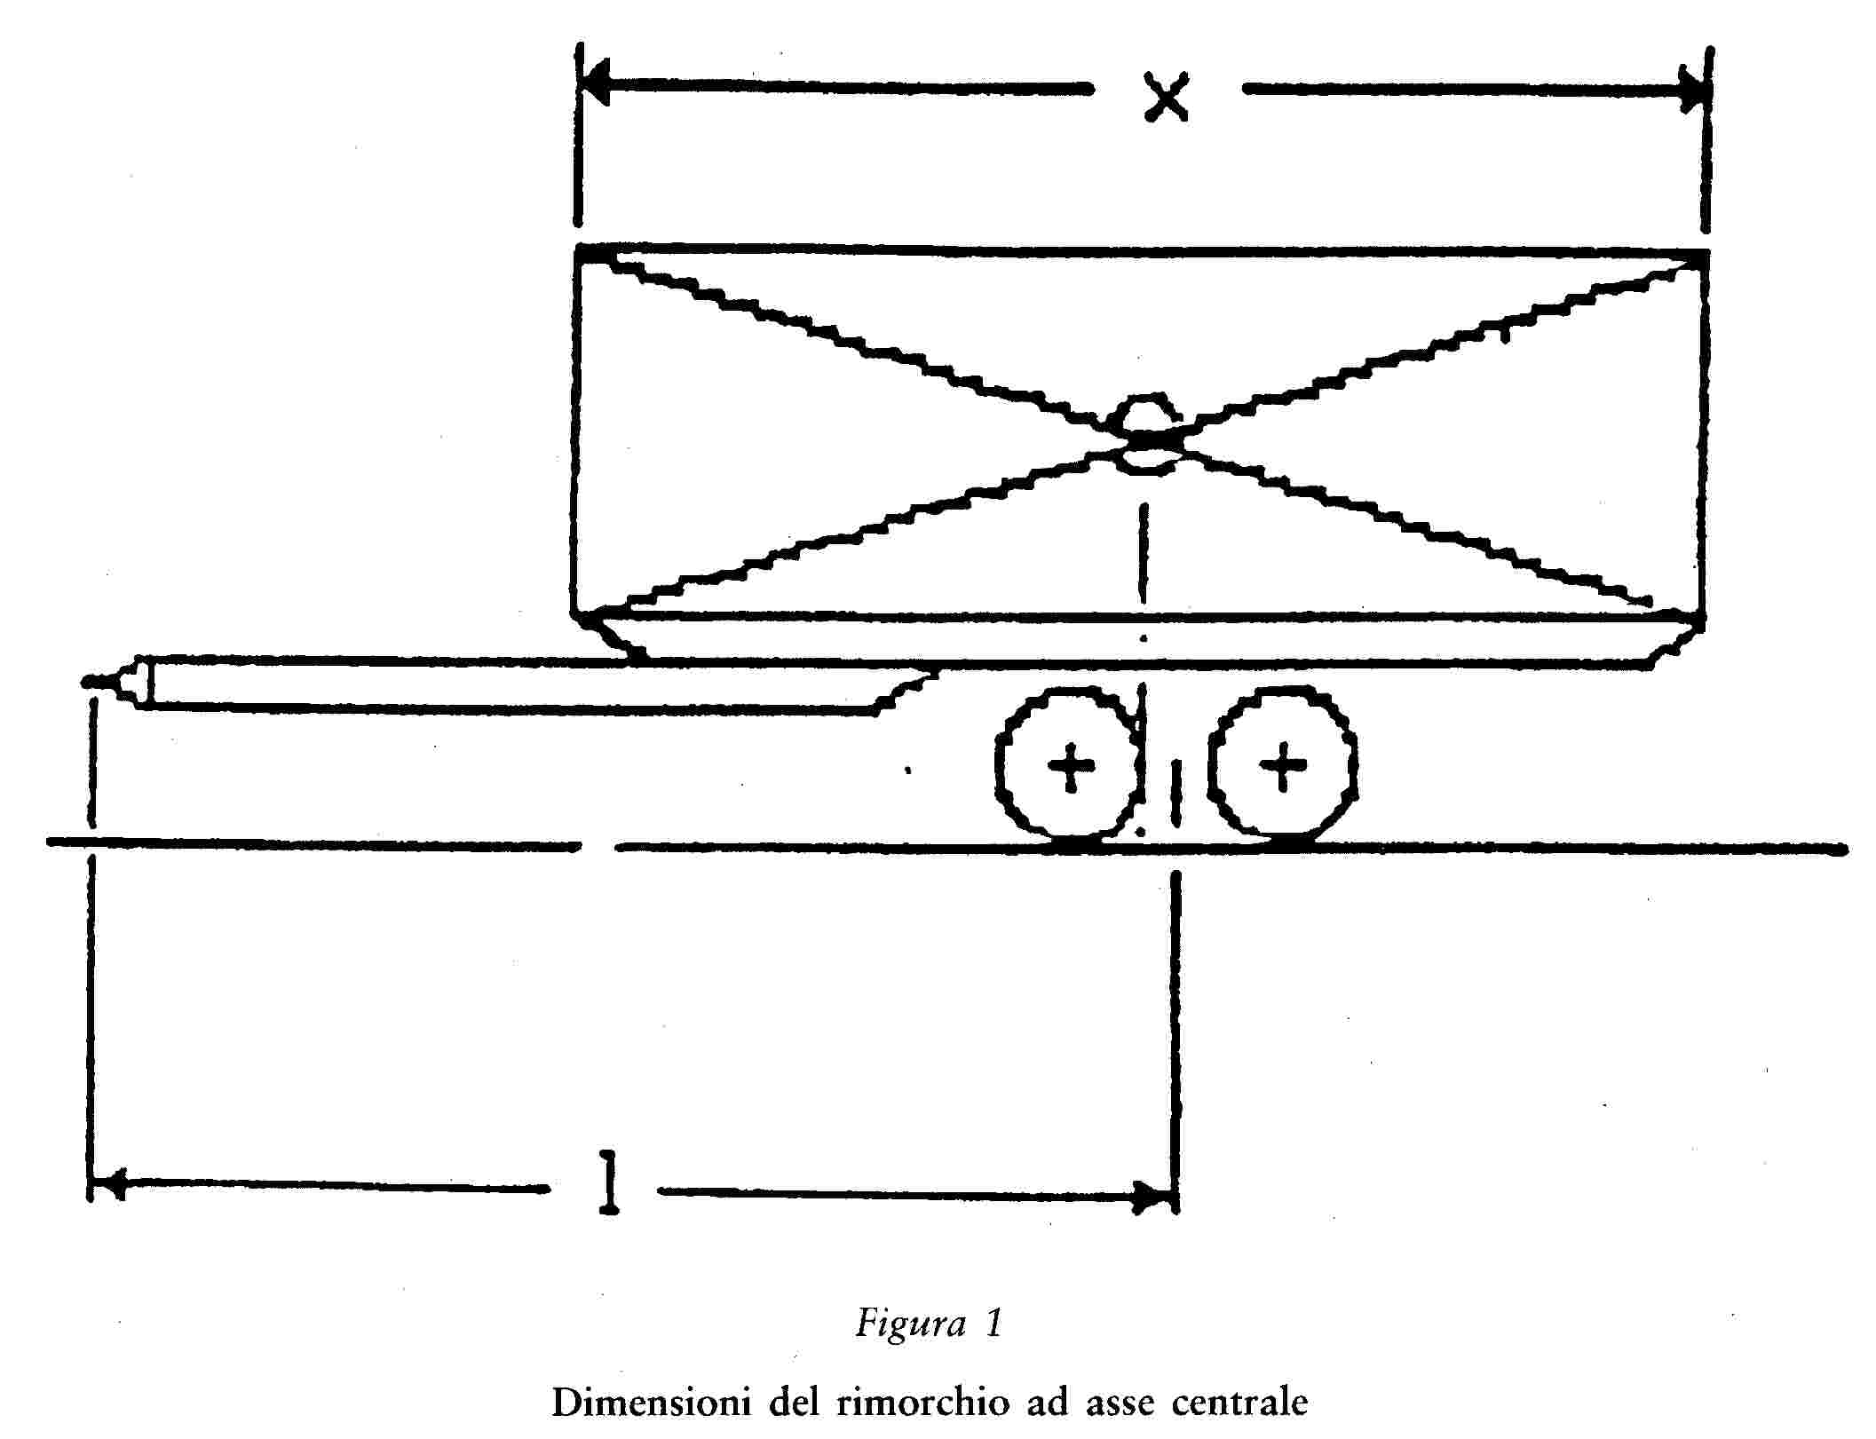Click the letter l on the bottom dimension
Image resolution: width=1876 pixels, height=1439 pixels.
(x=609, y=1182)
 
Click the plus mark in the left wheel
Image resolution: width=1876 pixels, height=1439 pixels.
(x=1071, y=764)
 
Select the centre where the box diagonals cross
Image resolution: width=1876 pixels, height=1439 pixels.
(x=1145, y=438)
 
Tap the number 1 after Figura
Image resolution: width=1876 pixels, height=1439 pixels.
(x=993, y=1323)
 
